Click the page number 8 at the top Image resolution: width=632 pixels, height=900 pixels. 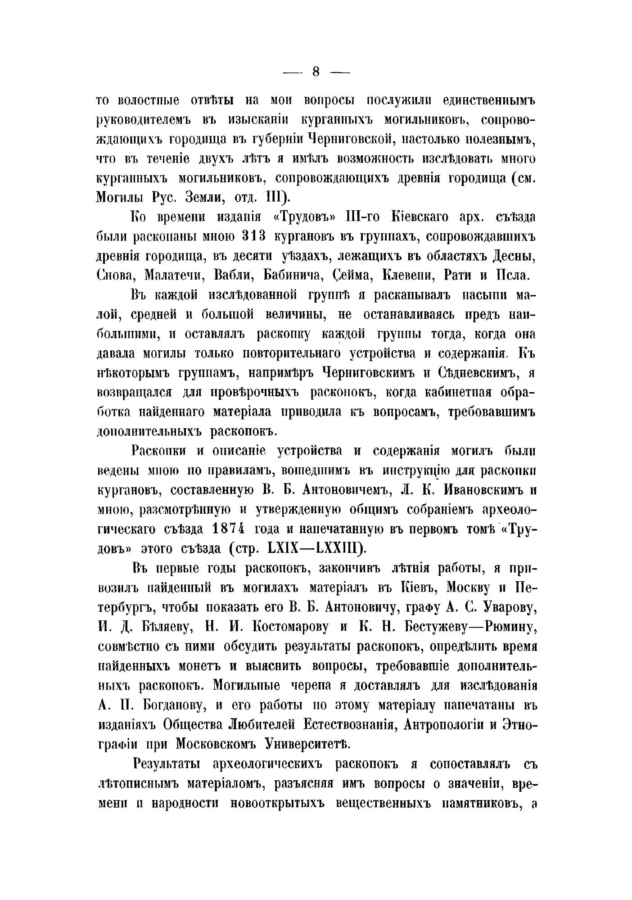click(x=315, y=72)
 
